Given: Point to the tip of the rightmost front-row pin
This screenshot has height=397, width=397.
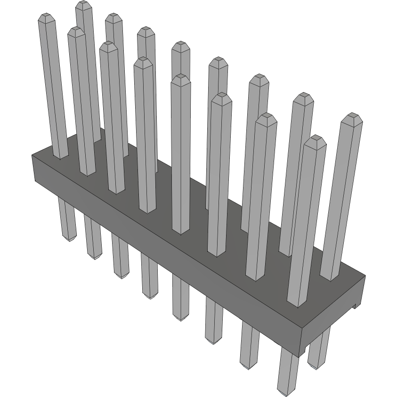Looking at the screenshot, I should coord(316,139).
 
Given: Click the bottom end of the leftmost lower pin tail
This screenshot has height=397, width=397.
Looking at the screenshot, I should coord(69,239).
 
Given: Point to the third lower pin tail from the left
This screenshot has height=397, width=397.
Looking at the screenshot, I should coord(121,257).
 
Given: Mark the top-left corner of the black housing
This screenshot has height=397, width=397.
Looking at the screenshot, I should coord(32,155).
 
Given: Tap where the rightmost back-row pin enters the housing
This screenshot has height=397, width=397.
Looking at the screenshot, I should coord(331,278).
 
